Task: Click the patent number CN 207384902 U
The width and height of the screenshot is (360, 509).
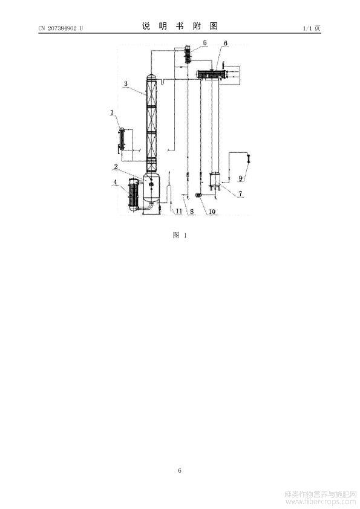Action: pos(61,28)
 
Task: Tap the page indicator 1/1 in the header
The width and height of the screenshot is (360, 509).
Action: pos(307,28)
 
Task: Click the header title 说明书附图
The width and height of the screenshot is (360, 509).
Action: pos(180,26)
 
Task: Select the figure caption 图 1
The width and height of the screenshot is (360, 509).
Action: pos(180,235)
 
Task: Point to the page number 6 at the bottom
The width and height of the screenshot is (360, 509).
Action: pos(180,470)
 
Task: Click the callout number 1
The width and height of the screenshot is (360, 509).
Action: pos(113,112)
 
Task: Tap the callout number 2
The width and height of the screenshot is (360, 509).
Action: pos(116,167)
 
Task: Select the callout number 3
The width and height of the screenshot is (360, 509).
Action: pos(126,83)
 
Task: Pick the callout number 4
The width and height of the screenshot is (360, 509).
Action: pos(115,182)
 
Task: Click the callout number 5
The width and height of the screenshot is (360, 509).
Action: pos(205,42)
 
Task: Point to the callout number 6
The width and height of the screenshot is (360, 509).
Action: pos(226,43)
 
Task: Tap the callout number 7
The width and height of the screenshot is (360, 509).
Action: pos(240,193)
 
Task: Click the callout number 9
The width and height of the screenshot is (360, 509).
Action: pos(241,178)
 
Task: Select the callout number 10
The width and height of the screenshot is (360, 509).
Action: pos(212,212)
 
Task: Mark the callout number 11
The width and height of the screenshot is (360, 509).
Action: pos(179,212)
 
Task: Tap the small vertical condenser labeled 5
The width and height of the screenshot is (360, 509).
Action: pos(188,54)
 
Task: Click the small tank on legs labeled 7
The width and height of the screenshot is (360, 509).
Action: pos(215,181)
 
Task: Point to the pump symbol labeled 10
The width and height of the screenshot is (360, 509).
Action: pos(197,195)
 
